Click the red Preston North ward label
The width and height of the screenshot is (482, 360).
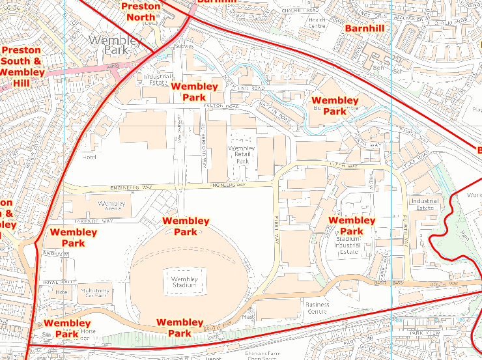point(141,11)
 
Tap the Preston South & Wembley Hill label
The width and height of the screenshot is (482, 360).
point(21,66)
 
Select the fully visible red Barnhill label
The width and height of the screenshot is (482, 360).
point(364,29)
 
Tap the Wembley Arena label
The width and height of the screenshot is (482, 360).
point(111,207)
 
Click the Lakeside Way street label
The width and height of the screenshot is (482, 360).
point(99,221)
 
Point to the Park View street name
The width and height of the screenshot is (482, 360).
point(426,333)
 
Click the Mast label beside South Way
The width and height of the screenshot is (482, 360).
point(248,317)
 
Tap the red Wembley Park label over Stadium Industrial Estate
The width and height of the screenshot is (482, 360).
point(352,225)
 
